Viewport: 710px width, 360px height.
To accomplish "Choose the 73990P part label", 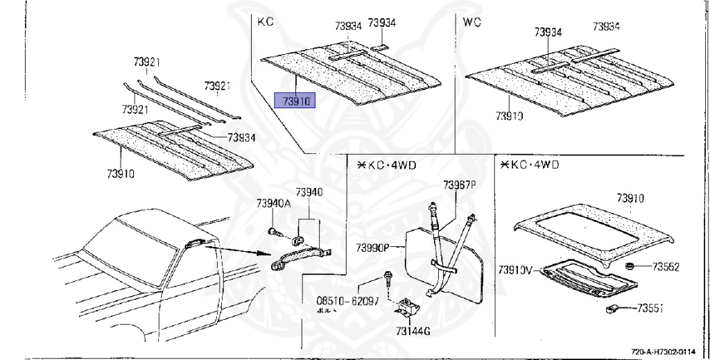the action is pyautogui.click(x=372, y=248).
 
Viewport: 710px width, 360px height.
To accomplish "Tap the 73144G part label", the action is pyautogui.click(x=413, y=332).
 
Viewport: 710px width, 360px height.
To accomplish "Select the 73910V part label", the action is pyautogui.click(x=514, y=268).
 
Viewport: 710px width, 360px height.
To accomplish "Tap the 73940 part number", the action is pyautogui.click(x=309, y=192).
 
